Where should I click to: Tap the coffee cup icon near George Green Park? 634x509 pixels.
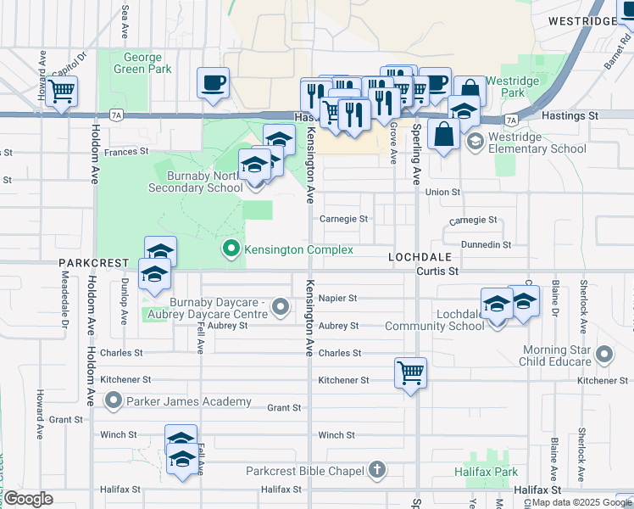(214, 83)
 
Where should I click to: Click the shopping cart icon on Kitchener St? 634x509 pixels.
(410, 372)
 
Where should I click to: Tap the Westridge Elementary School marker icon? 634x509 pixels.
(475, 140)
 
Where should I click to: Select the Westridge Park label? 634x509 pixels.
(520, 87)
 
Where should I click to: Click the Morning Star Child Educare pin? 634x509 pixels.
(604, 354)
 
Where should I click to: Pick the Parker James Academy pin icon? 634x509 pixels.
(114, 400)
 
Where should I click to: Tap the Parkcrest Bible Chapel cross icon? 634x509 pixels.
(377, 469)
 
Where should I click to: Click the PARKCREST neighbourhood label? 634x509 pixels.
(93, 263)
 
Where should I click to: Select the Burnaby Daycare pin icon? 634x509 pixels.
(281, 312)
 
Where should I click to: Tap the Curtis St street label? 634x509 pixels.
(437, 271)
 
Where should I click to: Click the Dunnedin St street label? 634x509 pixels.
(485, 244)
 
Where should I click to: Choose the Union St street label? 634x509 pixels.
(442, 192)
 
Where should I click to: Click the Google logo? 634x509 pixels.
(28, 499)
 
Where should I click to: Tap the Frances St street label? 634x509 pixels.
(126, 151)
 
